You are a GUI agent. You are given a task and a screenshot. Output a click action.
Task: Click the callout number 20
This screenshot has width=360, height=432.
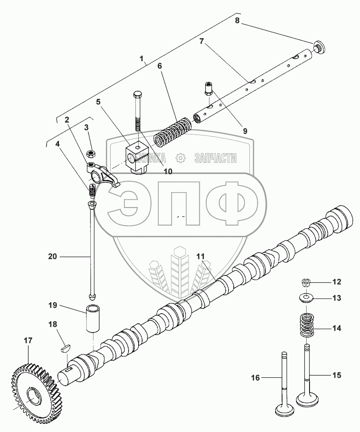tap(53, 256)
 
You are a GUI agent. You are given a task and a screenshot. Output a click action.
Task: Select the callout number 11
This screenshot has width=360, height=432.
tap(200, 256)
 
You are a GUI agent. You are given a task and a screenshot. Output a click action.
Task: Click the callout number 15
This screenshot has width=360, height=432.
tap(336, 375)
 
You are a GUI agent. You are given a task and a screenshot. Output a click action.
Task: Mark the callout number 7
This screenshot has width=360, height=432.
tap(202, 41)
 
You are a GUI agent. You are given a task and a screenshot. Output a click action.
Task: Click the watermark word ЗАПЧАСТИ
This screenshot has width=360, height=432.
tap(215, 158)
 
